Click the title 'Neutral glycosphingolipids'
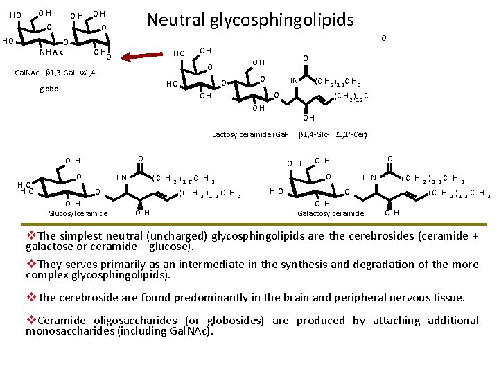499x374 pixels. click(249, 19)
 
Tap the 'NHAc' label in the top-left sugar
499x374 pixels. click(52, 52)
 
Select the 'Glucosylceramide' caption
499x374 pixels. click(78, 213)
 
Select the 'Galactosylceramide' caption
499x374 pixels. click(331, 213)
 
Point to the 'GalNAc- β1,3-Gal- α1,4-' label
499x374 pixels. click(63, 73)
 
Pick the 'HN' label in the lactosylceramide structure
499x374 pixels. click(293, 80)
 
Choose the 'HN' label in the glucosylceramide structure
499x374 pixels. click(119, 177)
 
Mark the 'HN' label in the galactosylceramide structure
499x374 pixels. click(369, 177)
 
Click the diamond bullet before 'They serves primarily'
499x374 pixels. click(31, 264)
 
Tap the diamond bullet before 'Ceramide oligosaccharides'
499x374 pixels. click(31, 321)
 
